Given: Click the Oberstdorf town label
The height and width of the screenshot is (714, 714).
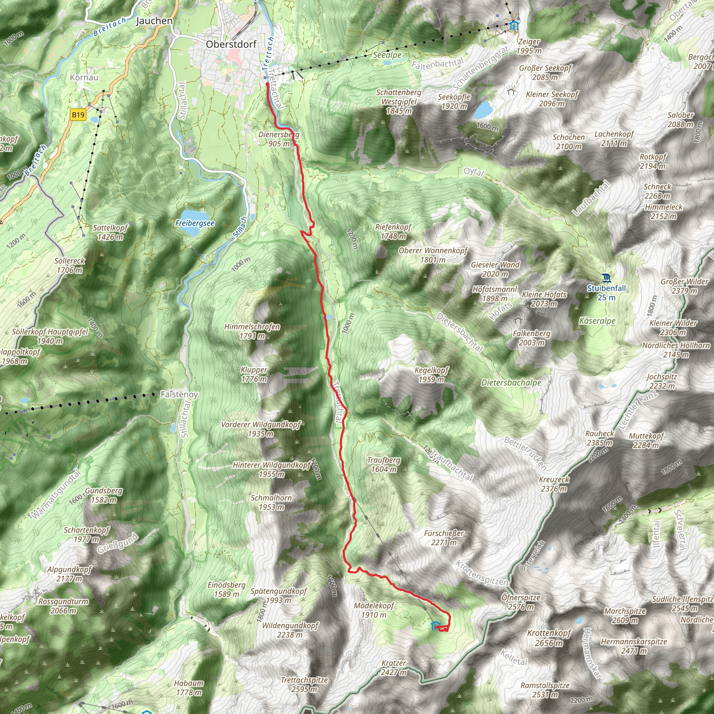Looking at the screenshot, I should point(231,44).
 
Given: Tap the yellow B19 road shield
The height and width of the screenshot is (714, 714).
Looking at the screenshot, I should point(78,115).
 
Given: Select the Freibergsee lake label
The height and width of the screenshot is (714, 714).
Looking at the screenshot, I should point(195,223).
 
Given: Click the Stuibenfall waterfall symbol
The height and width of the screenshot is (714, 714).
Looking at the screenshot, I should point(606,277).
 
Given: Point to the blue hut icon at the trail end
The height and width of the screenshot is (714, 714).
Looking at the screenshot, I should point(436,626).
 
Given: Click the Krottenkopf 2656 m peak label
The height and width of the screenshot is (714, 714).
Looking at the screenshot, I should point(549,638).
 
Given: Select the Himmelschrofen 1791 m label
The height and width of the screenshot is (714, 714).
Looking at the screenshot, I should point(252,331).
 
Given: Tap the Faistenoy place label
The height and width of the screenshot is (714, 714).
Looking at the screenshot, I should point(179,394).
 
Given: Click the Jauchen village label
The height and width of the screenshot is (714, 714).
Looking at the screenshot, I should point(154,21).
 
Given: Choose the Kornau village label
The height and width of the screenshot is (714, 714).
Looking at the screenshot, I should point(84,77).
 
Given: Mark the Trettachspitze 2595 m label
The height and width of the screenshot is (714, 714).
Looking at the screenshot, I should point(304,684).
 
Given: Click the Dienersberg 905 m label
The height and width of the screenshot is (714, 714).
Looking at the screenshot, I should point(279,139).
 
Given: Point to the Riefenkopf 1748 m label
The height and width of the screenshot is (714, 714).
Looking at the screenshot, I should point(393,231).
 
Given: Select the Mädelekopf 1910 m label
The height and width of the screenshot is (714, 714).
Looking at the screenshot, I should point(374,610).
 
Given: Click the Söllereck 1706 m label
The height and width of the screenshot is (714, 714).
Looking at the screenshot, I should point(69,265).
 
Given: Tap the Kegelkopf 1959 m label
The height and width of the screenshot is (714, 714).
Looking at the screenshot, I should point(431,375).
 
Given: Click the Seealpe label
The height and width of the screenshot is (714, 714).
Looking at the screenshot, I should point(387,55).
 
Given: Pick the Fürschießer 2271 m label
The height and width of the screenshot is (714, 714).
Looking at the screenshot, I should point(444,538).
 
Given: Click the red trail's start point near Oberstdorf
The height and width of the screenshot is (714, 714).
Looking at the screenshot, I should point(267,84).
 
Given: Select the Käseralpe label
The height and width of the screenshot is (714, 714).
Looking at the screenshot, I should point(597,321).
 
